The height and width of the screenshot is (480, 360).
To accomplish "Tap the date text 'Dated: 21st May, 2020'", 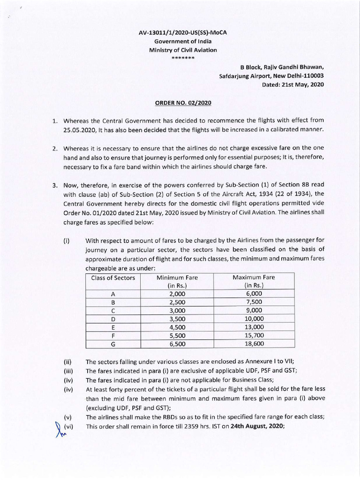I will tap(294, 84).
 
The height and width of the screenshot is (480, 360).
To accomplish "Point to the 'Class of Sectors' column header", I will tap(113, 277).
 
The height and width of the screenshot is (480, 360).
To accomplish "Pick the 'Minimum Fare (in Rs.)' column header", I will tap(177, 281).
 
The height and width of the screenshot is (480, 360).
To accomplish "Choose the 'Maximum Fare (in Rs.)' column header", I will tap(254, 281).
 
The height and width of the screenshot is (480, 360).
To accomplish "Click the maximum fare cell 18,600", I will tap(254, 344).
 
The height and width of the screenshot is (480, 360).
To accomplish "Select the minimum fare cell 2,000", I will tap(177, 293).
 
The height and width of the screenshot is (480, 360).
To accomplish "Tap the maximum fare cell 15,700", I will tap(254, 335).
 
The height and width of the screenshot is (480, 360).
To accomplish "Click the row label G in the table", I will tap(113, 344).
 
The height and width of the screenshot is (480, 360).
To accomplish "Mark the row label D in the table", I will tap(113, 319).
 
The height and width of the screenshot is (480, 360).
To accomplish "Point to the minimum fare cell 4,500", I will tap(177, 327).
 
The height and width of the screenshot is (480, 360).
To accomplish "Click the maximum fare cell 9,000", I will tap(254, 310).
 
